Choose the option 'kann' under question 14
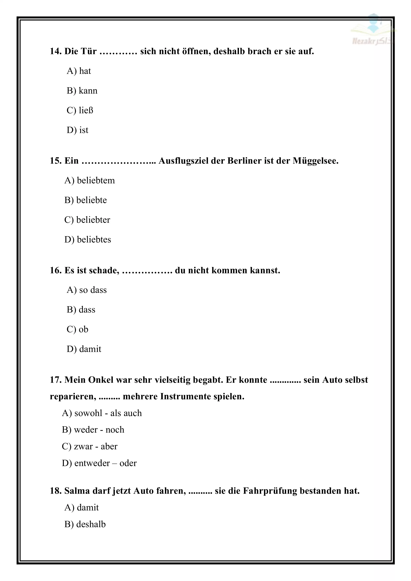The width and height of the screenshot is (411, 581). (x=82, y=91)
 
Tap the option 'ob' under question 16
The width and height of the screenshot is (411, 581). (x=77, y=329)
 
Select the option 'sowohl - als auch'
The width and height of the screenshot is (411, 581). (x=102, y=413)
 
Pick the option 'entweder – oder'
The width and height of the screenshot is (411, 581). (x=99, y=463)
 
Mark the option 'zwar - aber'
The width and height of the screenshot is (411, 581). (x=90, y=446)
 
